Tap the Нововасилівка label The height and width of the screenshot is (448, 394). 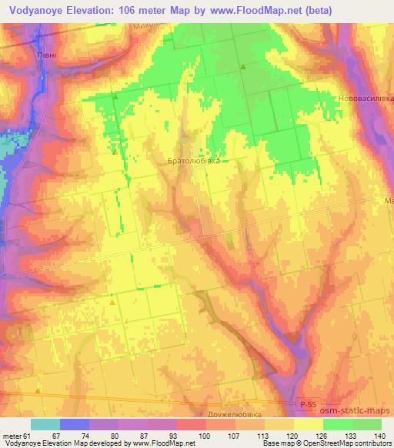point(366,99)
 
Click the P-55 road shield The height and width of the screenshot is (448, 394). point(306,403)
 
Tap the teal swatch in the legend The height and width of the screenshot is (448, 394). point(45,424)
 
